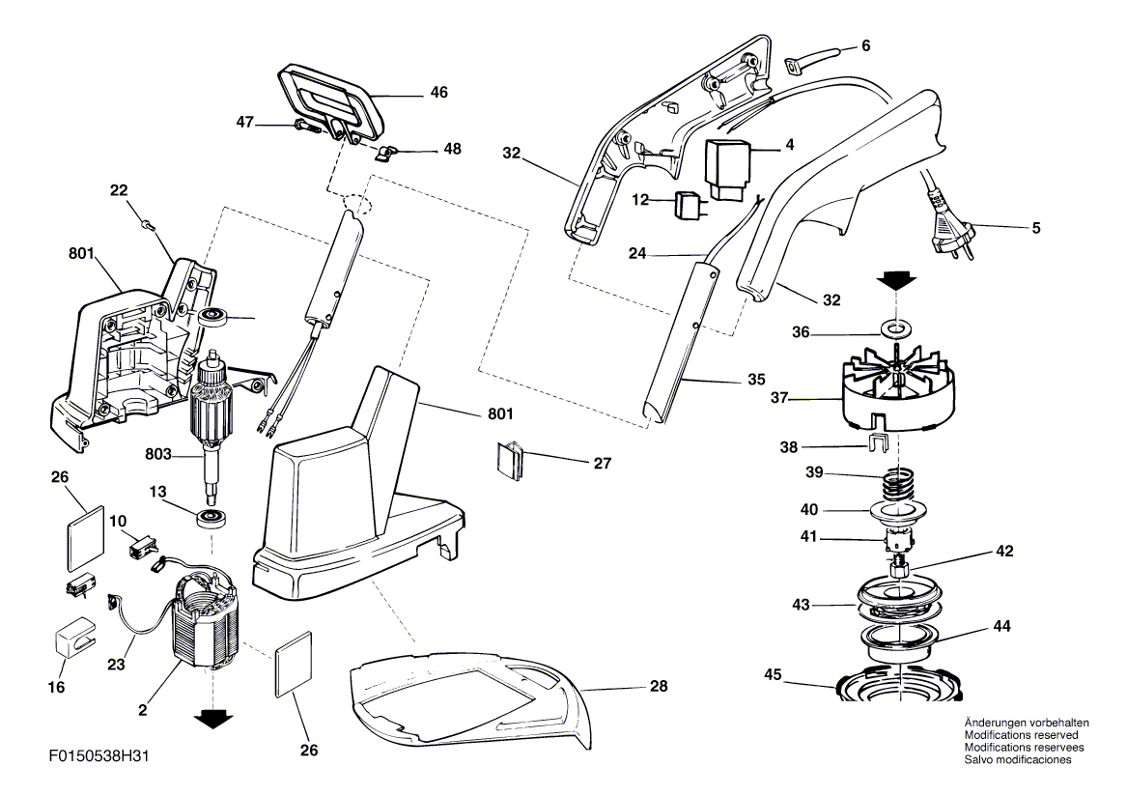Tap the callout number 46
coord(439,94)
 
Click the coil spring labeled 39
coord(900,479)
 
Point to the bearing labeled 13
coord(211,519)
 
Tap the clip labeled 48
coord(387,152)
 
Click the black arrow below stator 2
coord(212,718)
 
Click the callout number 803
coord(164,450)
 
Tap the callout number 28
coord(658,686)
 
